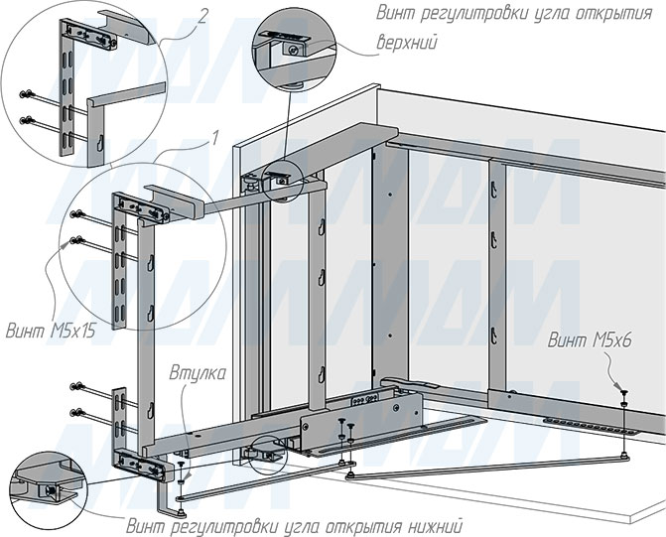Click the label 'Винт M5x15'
coord(51,331)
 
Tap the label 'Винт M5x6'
coord(590,340)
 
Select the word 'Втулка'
coord(198,374)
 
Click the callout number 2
coord(203,17)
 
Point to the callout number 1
coord(215,138)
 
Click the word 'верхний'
coord(407,43)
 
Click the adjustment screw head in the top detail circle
coord(292,51)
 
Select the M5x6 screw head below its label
coord(623,392)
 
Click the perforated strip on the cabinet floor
coord(592,427)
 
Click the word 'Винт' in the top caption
coord(395,13)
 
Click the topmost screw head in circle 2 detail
coord(26,94)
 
